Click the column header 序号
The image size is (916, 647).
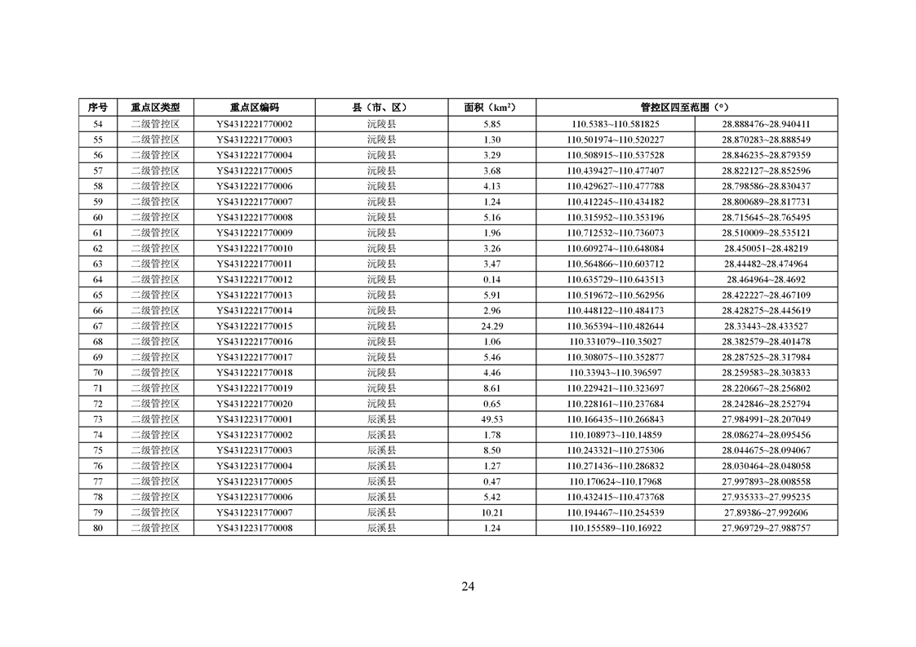pos(98,107)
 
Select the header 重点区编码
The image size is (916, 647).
pos(254,107)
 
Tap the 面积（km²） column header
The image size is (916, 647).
pos(491,107)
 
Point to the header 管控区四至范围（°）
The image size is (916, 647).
pos(686,107)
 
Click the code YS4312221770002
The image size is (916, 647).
pos(254,124)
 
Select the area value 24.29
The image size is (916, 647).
pos(491,326)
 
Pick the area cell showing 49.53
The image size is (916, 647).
pos(491,419)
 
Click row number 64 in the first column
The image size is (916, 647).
pos(98,279)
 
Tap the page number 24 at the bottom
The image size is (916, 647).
pos(468,586)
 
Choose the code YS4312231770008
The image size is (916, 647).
pos(254,528)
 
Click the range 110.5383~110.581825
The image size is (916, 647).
pos(616,124)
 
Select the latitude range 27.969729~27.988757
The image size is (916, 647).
pos(766,528)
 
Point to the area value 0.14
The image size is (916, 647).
pos(491,279)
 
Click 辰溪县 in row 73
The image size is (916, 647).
pos(381,419)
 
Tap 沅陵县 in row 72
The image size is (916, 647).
pos(381,404)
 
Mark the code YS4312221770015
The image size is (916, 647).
pos(254,326)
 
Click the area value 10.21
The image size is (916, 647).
pos(491,512)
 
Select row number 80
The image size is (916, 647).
pos(98,528)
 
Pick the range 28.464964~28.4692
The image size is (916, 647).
pos(766,279)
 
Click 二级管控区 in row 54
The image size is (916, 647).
pos(155,124)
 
